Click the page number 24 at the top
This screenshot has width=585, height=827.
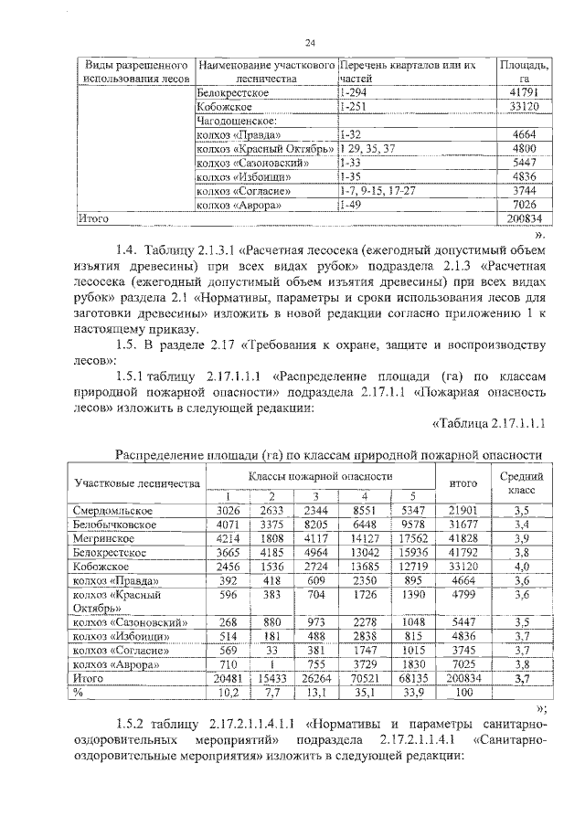[x=310, y=42]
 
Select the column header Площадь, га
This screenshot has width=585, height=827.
[x=524, y=73]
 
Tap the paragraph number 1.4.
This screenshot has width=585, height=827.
[x=127, y=252]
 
